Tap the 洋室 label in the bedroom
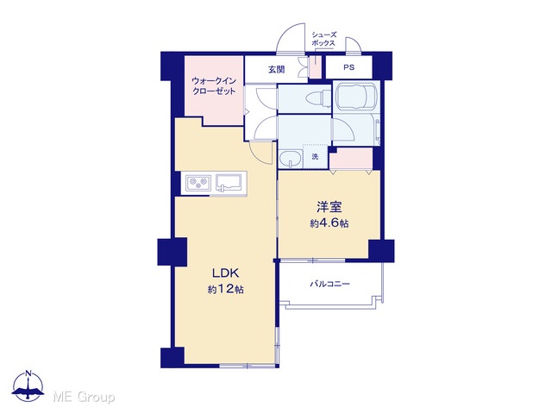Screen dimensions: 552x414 tap(329, 207)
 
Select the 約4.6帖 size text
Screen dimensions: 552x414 tap(329, 223)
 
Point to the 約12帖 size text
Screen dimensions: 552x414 tap(225, 290)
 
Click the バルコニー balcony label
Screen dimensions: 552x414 tap(329, 284)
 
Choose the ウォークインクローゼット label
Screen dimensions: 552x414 tap(214, 86)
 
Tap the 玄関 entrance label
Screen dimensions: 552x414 tap(276, 70)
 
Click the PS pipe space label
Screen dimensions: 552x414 tap(348, 67)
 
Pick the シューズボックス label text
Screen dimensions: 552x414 tap(323, 39)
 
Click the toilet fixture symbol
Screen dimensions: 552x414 tap(318, 97)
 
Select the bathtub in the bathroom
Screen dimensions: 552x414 tap(356, 97)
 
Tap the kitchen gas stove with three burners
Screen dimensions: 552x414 tap(198, 183)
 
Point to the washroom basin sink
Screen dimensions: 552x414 tap(290, 159)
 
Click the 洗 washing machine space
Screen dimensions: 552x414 tap(315, 156)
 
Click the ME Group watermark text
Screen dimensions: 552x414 tap(84, 398)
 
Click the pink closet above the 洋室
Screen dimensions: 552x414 tap(351, 159)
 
